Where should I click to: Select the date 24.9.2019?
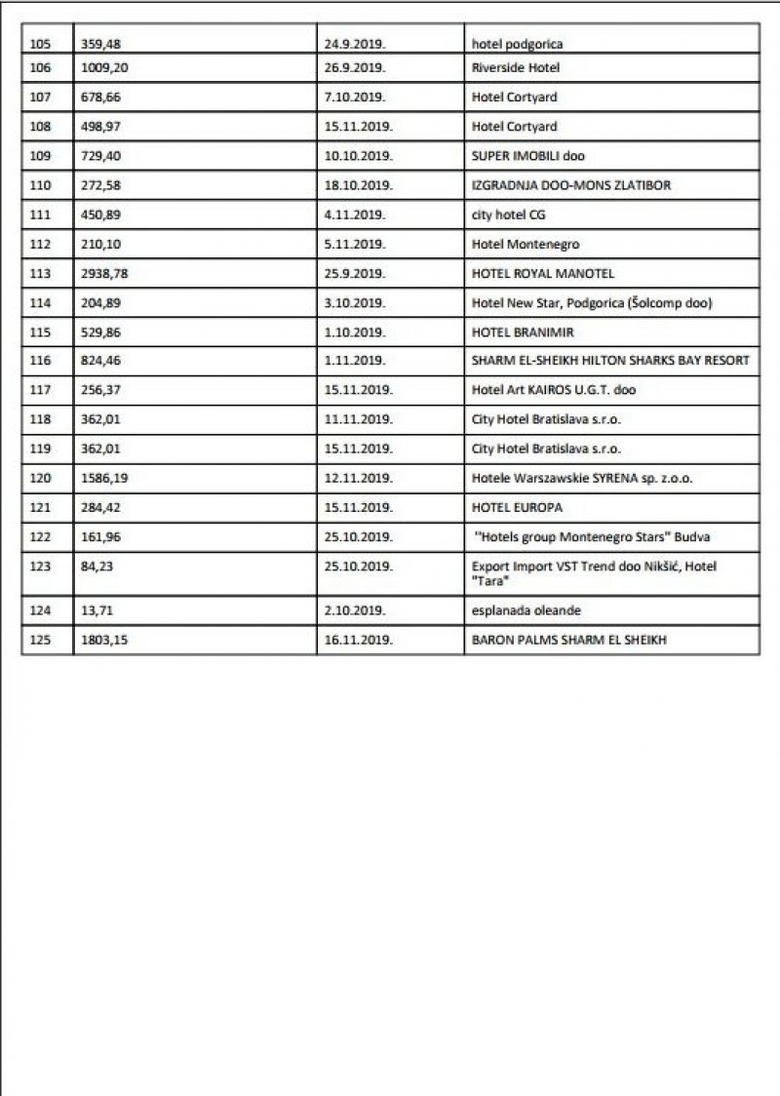[355, 44]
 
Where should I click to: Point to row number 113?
[40, 274]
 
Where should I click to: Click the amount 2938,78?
[104, 274]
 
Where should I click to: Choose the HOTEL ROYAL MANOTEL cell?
[543, 274]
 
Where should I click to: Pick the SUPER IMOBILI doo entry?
[527, 156]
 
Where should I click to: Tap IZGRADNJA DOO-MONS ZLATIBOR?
[570, 185]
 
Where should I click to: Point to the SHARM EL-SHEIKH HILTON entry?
[610, 361]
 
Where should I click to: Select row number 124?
[40, 610]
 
